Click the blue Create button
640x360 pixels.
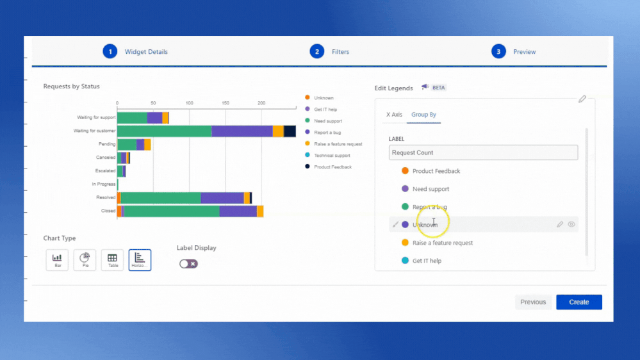[578, 302]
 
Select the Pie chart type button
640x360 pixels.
[85, 259]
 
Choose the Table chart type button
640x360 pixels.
[112, 259]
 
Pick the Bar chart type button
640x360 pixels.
[57, 259]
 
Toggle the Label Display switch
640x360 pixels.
[188, 263]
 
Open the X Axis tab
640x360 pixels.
[394, 115]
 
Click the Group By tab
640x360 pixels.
[423, 115]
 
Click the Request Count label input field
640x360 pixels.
[483, 152]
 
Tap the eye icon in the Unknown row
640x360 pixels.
[571, 225]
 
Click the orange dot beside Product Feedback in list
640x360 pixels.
[405, 171]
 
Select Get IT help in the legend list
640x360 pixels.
[427, 261]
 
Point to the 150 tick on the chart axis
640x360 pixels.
[226, 102]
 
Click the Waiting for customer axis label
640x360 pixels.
[95, 131]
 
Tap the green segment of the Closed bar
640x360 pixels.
[171, 211]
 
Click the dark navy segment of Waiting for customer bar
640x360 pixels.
[290, 131]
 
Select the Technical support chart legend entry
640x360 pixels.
[332, 156]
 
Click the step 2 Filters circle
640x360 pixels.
[316, 52]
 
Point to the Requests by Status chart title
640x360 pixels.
[71, 86]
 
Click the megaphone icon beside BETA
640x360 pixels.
[425, 87]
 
